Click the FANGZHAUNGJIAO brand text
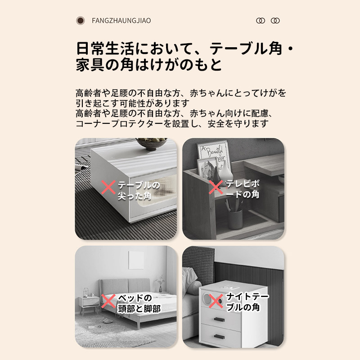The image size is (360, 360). click(121, 21)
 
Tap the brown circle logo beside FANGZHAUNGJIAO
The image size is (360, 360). click(81, 21)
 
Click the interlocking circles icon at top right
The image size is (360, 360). click(268, 21)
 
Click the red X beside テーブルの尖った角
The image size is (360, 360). click(108, 188)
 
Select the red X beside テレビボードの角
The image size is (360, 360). click(216, 188)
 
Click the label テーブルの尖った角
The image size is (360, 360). click(139, 190)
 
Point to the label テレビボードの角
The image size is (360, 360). click(243, 189)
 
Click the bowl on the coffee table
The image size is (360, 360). click(151, 144)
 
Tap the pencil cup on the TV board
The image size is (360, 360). click(234, 218)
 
